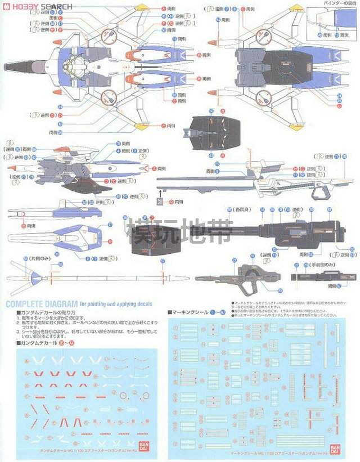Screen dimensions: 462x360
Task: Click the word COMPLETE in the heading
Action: click(28, 304)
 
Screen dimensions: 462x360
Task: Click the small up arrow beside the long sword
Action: click(159, 193)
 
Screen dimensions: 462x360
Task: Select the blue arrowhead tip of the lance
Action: click(34, 277)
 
